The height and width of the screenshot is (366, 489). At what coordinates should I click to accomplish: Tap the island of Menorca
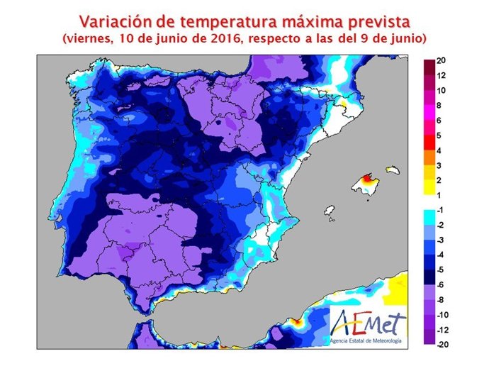coord(390,170)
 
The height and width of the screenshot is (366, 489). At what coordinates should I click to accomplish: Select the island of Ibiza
coord(328,211)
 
